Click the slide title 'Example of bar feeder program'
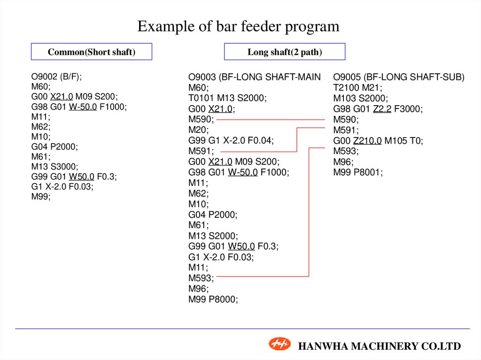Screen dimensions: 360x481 (238, 26)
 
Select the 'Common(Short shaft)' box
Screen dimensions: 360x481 (92, 52)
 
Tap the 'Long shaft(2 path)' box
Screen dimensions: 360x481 (285, 52)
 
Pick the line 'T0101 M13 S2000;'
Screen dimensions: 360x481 (227, 98)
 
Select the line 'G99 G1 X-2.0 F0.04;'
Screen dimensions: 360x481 (231, 140)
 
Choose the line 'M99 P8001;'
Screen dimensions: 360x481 (358, 172)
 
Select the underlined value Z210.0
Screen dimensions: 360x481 (367, 140)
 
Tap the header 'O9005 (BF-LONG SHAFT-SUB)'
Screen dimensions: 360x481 (399, 77)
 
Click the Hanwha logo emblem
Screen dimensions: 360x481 (279, 344)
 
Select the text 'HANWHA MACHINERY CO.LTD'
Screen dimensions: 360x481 (380, 346)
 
